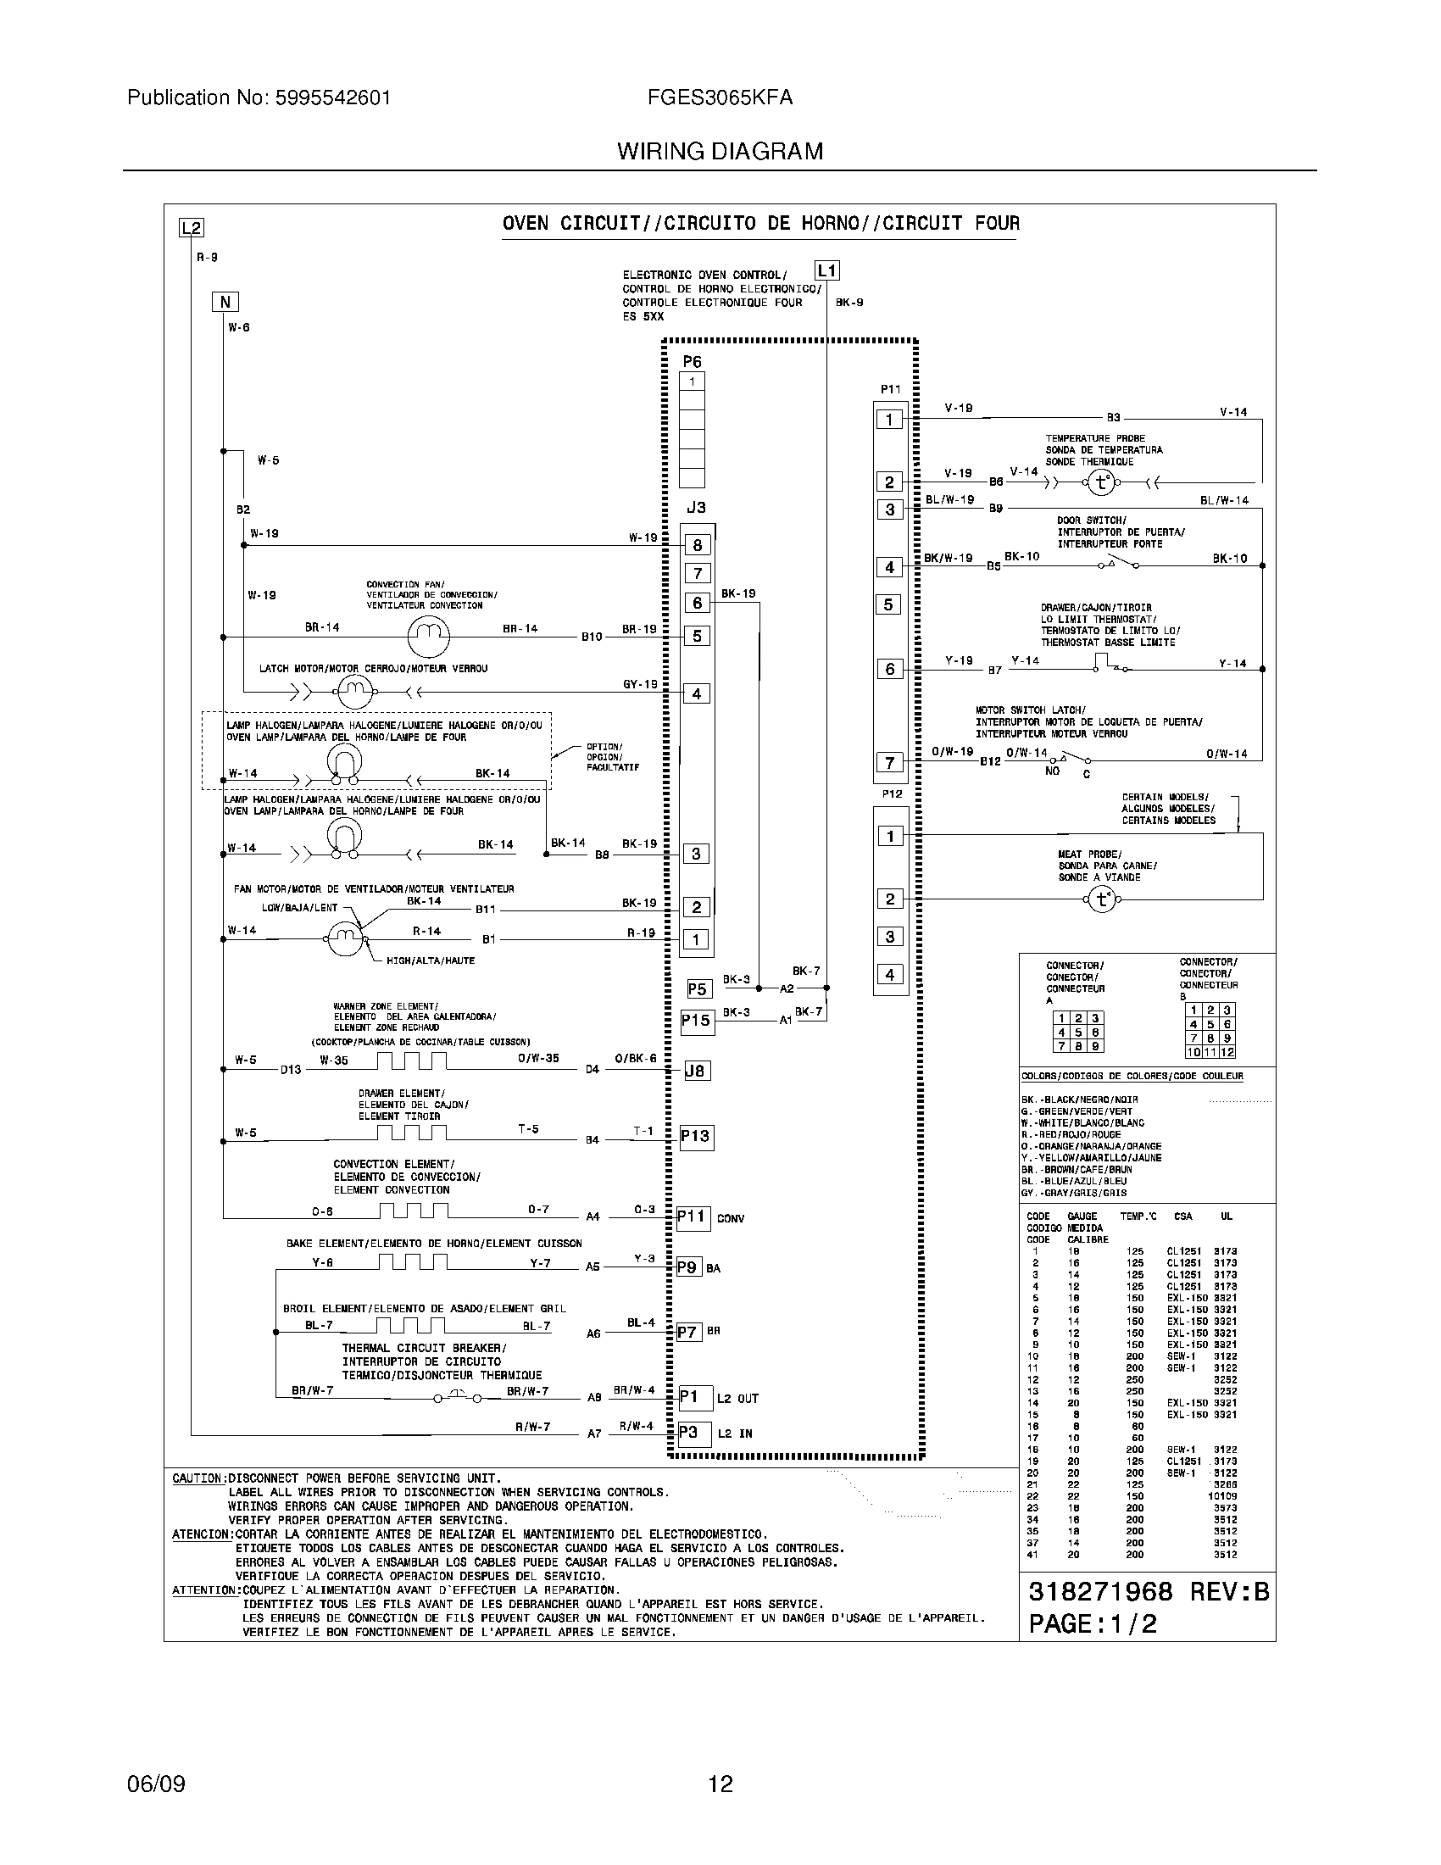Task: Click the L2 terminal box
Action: coord(192,228)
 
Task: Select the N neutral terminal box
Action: coord(225,302)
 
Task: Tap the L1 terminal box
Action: coord(827,271)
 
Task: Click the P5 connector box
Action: coord(698,988)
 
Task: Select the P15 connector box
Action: coord(696,1022)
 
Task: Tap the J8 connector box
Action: coord(697,1071)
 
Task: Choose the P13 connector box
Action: coord(695,1137)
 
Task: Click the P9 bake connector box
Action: coord(688,1267)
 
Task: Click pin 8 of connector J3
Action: coord(697,546)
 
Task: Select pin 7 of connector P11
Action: coord(889,763)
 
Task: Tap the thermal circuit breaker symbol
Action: coord(457,1397)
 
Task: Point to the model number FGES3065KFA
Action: coord(720,97)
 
